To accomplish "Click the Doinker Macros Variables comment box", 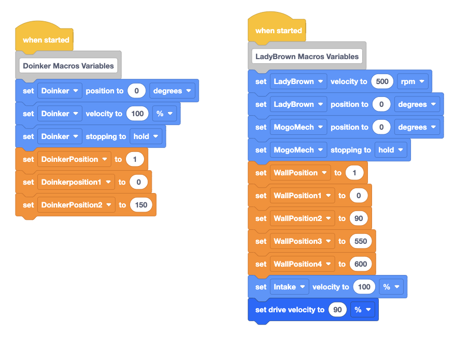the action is point(68,66).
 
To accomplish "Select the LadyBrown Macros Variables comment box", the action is point(307,57).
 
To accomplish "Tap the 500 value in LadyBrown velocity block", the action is point(382,81).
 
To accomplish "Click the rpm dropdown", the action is point(413,81).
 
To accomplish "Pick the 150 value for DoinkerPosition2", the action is point(141,205).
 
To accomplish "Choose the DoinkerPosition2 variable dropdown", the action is point(76,205).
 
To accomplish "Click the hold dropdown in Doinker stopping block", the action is point(146,136).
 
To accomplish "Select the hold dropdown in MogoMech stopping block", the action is point(391,150).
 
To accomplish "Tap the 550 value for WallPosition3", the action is point(361,241).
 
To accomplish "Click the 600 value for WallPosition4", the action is point(361,264).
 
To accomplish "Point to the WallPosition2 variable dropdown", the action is point(302,218).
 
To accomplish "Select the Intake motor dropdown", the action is point(289,287).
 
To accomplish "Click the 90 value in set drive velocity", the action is point(337,310).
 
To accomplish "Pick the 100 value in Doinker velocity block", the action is point(137,114).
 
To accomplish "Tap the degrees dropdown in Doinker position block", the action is point(172,91).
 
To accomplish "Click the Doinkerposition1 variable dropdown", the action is point(76,182).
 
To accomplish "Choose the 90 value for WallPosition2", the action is point(359,218).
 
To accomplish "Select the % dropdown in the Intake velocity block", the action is point(391,287).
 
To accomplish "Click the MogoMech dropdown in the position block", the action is point(298,127).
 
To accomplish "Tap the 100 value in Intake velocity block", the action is point(364,287).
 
